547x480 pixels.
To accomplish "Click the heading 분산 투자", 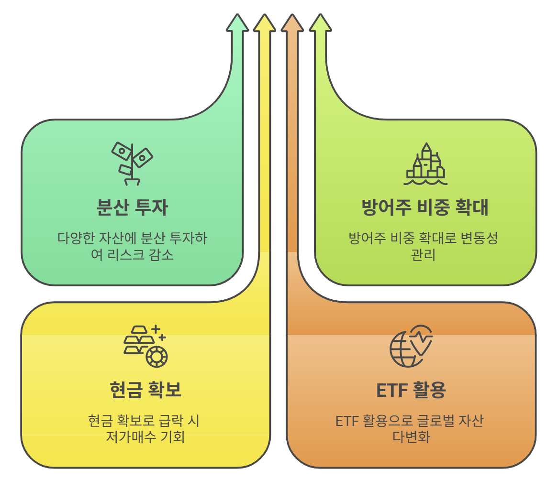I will tap(132, 208).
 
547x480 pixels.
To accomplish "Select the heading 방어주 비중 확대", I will tap(424, 208).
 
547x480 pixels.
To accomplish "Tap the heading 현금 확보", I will tap(145, 390).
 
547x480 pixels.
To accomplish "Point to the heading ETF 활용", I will tap(411, 391).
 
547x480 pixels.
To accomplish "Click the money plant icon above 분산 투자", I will tap(132, 163).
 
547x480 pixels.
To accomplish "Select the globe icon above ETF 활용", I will tap(411, 346).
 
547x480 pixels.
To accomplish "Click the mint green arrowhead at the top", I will tap(237, 22).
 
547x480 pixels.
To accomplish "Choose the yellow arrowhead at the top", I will tap(264, 22).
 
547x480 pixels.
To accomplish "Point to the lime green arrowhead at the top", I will tap(320, 22).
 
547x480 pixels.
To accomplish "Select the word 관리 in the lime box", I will tap(423, 255).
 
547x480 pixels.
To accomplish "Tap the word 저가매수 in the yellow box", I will tap(130, 437).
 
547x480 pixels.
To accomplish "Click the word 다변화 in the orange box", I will tap(411, 437).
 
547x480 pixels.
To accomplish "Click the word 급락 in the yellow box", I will tap(170, 421).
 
